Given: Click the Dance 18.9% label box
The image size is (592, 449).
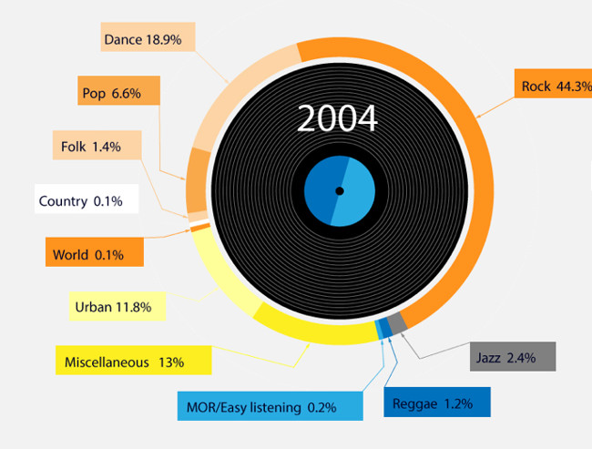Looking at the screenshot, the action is [148, 36].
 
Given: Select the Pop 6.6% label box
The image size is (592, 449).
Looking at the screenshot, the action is [119, 90].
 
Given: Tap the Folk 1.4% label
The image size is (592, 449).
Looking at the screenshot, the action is [97, 145].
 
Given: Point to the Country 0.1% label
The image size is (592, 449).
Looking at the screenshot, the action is [87, 199].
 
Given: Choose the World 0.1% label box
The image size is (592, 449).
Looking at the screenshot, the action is [95, 252].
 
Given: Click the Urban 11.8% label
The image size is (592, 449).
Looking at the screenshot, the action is [117, 306].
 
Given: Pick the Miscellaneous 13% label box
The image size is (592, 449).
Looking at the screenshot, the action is [134, 360].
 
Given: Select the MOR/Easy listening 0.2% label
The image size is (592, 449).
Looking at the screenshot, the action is [270, 406].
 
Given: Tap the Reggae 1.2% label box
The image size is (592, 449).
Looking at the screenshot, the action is [437, 403].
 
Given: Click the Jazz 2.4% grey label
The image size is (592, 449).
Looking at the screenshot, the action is [513, 356].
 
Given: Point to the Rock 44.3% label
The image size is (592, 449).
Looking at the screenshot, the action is [553, 84].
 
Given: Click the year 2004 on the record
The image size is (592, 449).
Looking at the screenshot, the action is [337, 118].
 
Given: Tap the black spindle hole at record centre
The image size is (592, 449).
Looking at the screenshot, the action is [340, 191].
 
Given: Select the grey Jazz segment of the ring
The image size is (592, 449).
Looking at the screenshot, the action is [397, 323].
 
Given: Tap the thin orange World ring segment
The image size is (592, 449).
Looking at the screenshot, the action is [200, 227].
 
